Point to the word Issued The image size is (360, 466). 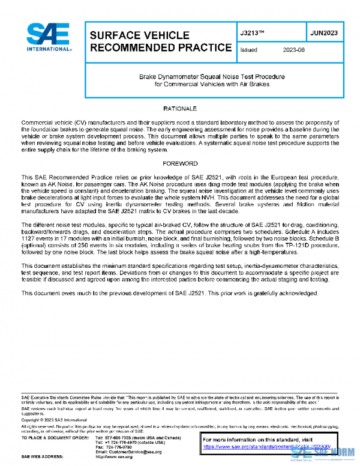click(248, 50)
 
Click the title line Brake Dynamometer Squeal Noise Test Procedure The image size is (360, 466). click(212, 77)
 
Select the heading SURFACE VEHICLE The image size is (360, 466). click(139, 35)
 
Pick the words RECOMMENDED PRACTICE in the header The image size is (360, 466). click(160, 47)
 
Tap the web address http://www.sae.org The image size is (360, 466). click(115, 457)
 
